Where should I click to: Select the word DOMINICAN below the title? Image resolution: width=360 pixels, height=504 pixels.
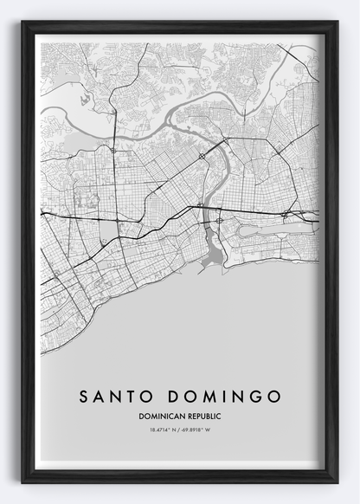159,417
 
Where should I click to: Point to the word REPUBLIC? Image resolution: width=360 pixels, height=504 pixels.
202,417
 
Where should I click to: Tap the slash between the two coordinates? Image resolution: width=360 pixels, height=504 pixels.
180,430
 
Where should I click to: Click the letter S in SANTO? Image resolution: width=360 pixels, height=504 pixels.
84,396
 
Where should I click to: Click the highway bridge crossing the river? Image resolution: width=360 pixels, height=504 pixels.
204,208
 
